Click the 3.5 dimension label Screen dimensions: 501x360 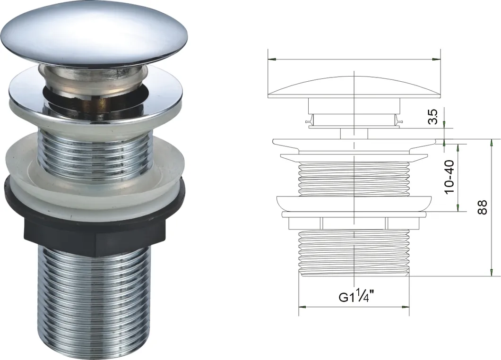click(433, 117)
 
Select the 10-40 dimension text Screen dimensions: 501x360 click(449, 177)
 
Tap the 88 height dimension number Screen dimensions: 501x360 click(482, 207)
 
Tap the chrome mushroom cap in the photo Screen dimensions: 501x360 click(95, 34)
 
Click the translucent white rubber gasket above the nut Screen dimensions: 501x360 click(95, 179)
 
